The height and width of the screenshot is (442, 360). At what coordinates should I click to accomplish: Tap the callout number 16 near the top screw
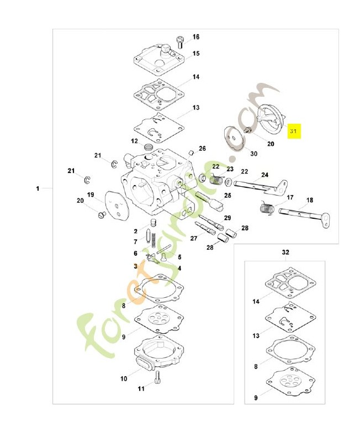coord(196,37)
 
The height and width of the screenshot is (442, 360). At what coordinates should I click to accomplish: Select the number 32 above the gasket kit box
coord(285,252)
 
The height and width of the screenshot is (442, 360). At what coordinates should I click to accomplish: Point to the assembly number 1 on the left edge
coord(38,189)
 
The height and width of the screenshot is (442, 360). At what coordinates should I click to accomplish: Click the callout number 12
coord(134,141)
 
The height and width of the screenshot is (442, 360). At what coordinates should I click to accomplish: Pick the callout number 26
coord(202,149)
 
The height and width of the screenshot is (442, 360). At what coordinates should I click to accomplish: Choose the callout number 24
coord(265,175)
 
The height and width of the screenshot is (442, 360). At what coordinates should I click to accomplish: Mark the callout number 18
coord(309,200)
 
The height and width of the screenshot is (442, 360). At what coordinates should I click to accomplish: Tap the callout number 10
coord(123,378)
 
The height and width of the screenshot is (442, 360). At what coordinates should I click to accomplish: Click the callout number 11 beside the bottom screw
coord(141,389)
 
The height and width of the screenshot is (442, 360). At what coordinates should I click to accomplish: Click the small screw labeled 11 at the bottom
coord(158,378)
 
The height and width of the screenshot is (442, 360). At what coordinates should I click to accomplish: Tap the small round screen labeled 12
coord(147,147)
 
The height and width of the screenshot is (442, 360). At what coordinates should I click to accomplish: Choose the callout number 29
coord(227,218)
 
